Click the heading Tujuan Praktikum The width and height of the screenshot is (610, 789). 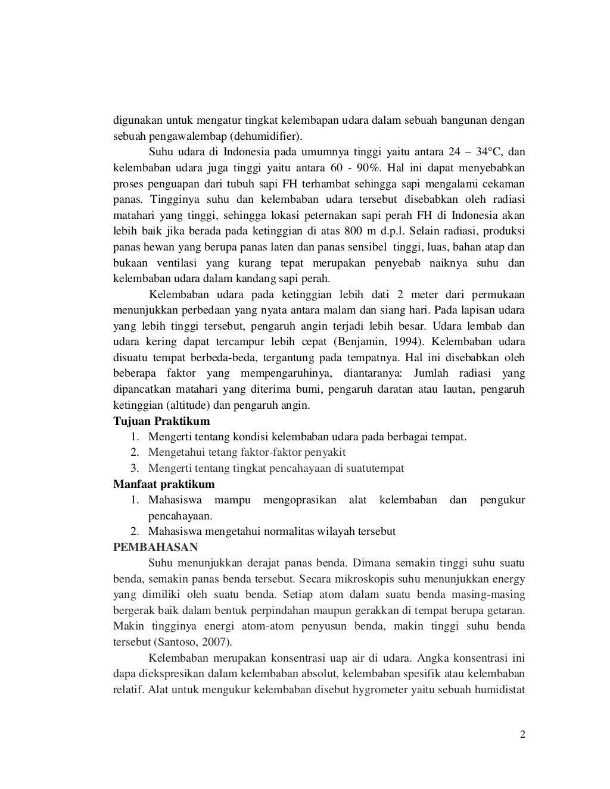tap(161, 421)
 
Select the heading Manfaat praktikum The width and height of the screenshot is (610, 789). tap(164, 484)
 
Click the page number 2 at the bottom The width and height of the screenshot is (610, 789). tap(522, 734)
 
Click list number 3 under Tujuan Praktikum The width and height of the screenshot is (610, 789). tap(135, 468)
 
